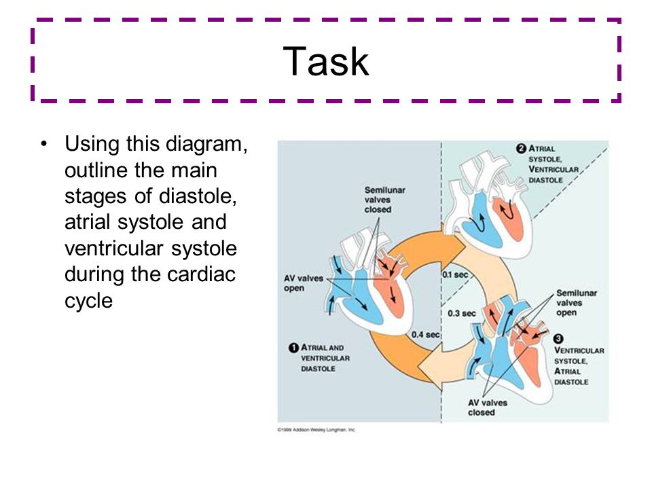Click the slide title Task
(x=326, y=62)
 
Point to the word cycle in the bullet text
(x=88, y=300)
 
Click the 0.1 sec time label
(x=456, y=275)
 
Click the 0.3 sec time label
(x=462, y=313)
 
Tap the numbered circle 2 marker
(x=521, y=149)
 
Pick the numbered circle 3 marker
(x=558, y=338)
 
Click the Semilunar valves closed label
(x=385, y=200)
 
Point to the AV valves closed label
(x=488, y=407)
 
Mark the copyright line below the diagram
(x=316, y=430)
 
